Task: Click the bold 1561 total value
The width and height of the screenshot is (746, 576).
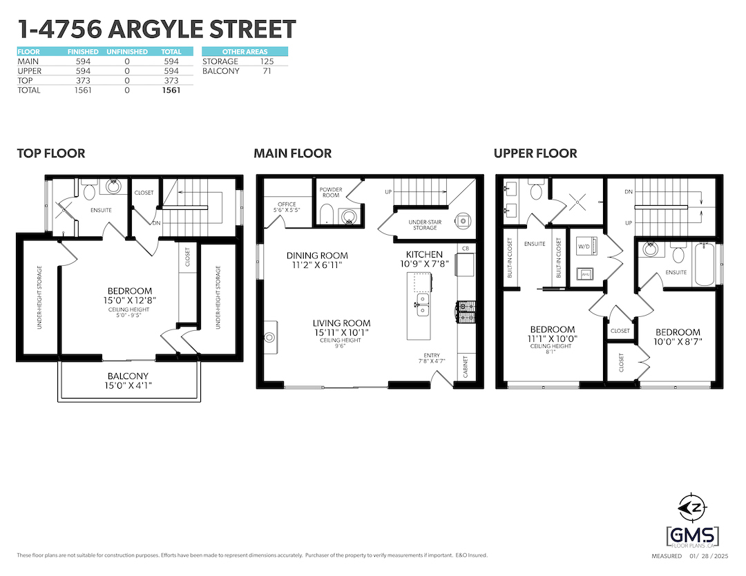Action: click(171, 90)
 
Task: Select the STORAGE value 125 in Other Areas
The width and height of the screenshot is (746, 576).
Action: click(267, 61)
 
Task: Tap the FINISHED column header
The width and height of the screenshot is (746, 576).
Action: click(83, 51)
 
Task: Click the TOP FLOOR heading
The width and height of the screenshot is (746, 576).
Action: click(51, 153)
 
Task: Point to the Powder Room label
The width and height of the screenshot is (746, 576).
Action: click(331, 192)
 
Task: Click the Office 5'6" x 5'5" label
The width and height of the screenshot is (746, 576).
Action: click(287, 207)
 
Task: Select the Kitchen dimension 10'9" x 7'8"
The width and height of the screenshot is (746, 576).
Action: click(424, 264)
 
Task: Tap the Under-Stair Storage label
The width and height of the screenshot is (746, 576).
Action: click(425, 224)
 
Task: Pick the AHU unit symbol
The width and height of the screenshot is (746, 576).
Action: click(585, 274)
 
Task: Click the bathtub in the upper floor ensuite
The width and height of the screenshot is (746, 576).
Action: click(705, 264)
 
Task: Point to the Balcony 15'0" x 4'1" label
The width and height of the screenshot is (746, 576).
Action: click(128, 381)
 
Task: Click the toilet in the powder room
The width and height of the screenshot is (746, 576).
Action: click(327, 215)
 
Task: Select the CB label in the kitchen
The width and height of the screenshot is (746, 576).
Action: click(466, 248)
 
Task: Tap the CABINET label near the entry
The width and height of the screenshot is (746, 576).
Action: click(466, 367)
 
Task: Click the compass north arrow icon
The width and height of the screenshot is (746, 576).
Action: click(693, 508)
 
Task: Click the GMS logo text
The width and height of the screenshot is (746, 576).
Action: click(693, 536)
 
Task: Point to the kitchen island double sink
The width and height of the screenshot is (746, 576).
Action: click(423, 305)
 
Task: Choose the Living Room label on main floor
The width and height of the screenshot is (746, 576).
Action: click(342, 323)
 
